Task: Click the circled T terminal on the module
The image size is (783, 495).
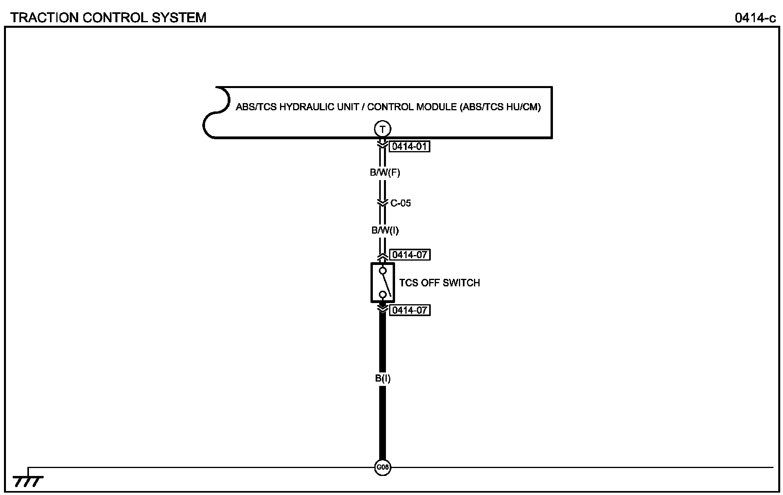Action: (382, 129)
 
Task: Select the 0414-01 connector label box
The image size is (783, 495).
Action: (410, 147)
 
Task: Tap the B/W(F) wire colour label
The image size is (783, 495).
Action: (385, 173)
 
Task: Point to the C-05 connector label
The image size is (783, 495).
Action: (401, 203)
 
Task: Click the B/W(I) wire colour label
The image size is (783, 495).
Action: (385, 230)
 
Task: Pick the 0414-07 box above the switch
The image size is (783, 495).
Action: (410, 255)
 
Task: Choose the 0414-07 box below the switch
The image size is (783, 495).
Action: (410, 310)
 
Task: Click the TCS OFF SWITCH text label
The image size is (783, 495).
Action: (439, 283)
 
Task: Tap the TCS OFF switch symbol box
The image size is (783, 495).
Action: (382, 283)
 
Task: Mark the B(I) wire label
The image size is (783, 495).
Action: (383, 378)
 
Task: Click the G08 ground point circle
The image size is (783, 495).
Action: (382, 467)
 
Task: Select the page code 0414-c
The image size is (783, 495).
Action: (755, 18)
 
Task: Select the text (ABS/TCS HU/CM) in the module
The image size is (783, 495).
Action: (500, 107)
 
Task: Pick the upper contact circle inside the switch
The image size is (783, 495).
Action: (383, 271)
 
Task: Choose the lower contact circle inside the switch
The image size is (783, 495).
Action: (383, 294)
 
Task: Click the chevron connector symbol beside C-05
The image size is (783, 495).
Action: (382, 203)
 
